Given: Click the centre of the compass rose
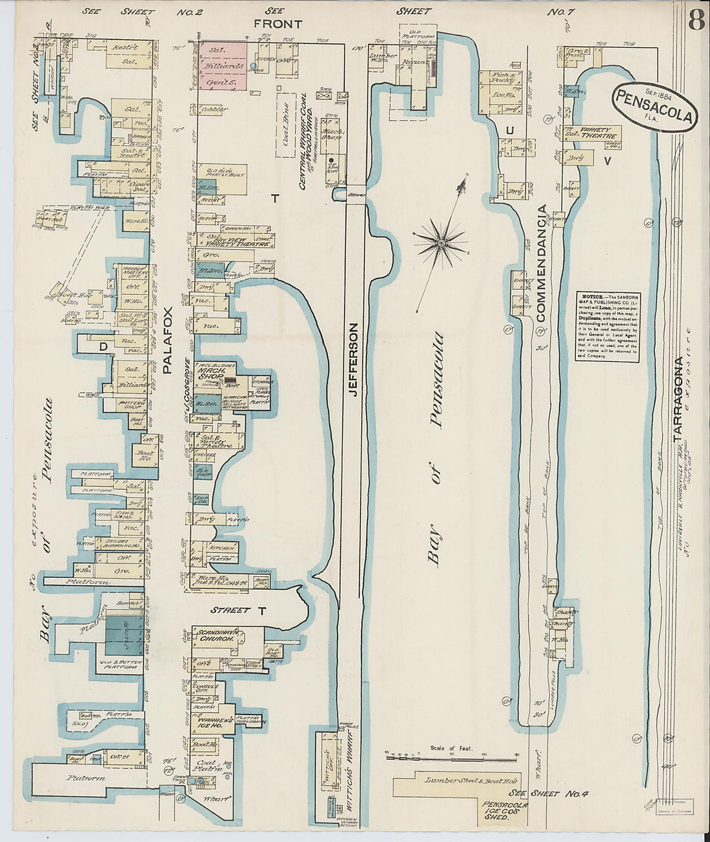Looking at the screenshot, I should coord(441,243).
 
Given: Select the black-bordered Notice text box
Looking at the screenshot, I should coord(607,326).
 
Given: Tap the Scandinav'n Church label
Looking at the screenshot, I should coord(215,633).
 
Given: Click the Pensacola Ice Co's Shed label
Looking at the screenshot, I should coord(504,810).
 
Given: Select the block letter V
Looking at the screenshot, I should coord(606,161).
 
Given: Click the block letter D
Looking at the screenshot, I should coord(102,346).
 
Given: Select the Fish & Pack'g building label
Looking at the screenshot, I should coord(500,77).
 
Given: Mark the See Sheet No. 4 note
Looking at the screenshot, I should coord(533,793).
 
